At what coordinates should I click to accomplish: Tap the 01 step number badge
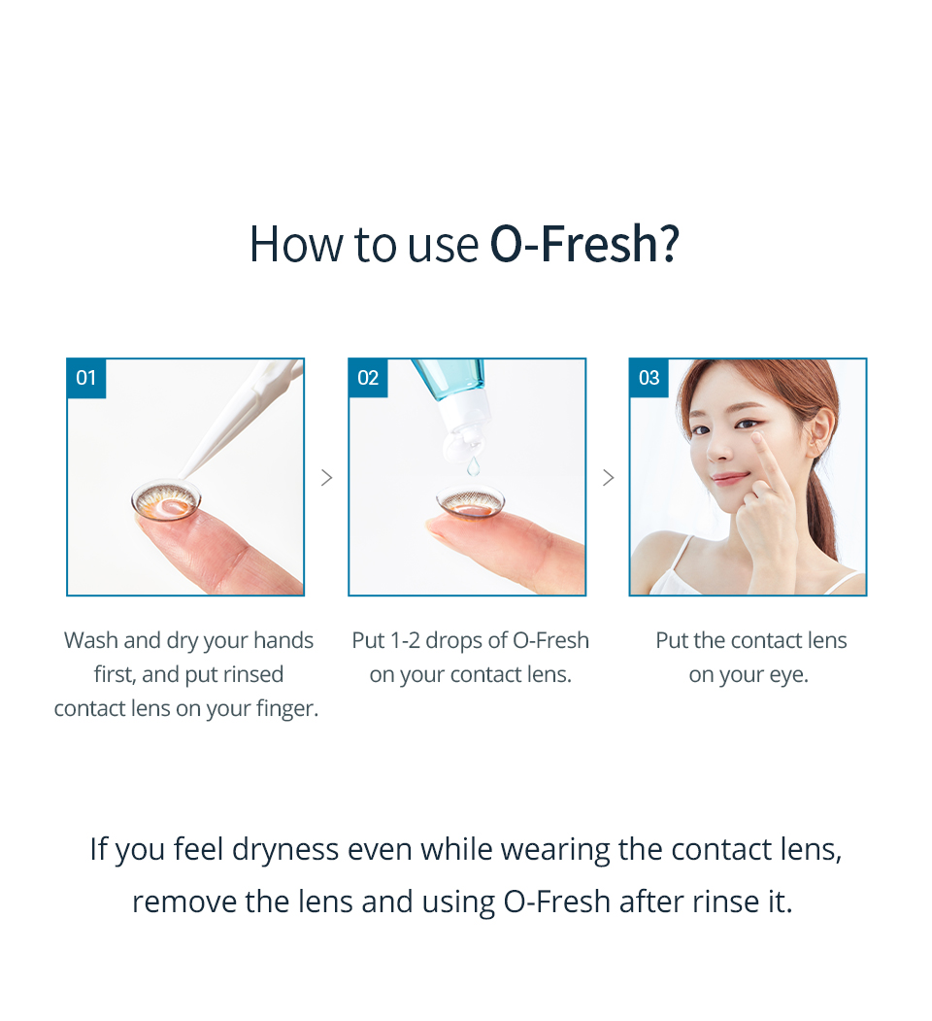[86, 378]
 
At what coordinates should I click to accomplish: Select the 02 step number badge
[368, 378]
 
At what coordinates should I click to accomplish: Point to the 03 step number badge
[649, 378]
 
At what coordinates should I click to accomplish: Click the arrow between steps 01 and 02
[326, 477]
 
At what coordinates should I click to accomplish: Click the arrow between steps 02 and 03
[608, 477]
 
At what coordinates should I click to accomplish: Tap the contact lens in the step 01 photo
[166, 499]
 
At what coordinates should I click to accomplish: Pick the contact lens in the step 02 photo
[471, 501]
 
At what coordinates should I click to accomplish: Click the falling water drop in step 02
[473, 467]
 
